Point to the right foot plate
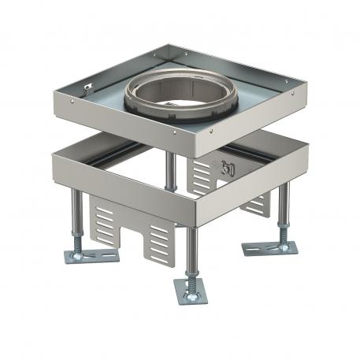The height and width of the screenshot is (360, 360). coord(269,247)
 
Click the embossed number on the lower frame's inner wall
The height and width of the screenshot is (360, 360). coord(228,168)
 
